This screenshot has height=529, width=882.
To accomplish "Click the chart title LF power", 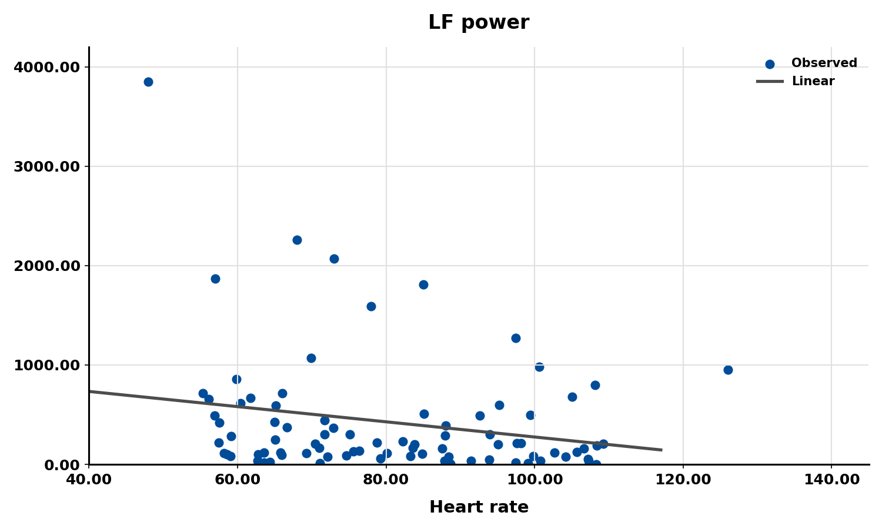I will (x=478, y=23).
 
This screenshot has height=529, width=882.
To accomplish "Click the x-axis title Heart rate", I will (x=478, y=507).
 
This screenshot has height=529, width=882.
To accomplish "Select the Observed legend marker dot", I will (x=769, y=64).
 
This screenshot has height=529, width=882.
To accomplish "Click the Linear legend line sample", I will (x=769, y=82).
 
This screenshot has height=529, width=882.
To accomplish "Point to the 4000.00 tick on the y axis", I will (x=46, y=67).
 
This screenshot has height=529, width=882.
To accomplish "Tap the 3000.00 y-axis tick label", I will (x=46, y=166).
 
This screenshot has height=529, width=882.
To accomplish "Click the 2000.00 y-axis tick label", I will (x=46, y=266).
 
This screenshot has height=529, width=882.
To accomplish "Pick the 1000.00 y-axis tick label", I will (x=46, y=365).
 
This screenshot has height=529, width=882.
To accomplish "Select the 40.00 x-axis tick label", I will (x=89, y=480).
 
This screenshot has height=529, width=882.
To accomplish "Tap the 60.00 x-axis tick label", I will (x=238, y=480).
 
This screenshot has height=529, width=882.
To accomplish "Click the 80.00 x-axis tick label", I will (x=386, y=480).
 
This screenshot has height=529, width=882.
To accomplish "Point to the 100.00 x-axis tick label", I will (x=534, y=480).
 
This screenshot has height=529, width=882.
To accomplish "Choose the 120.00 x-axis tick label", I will (x=683, y=480).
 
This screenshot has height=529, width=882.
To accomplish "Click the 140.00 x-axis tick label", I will (x=831, y=480).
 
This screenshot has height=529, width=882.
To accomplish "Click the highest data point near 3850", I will (x=148, y=82).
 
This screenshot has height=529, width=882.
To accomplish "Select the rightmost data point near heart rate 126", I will (x=728, y=370).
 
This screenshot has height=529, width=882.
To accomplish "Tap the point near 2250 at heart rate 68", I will (x=297, y=240).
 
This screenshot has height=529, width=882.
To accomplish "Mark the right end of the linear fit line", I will (x=661, y=450).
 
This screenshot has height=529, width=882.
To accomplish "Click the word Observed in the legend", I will (x=824, y=63).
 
